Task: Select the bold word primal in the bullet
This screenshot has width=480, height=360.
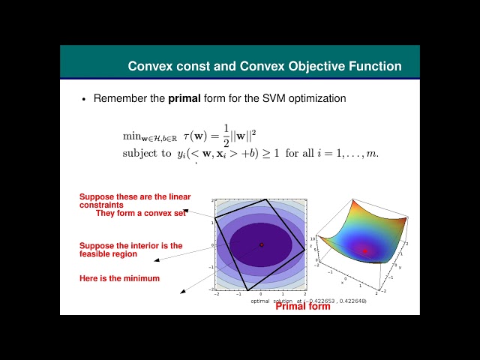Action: tap(184, 98)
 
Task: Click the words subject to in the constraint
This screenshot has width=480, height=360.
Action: tap(147, 154)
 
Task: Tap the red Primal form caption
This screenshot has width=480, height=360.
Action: tap(303, 306)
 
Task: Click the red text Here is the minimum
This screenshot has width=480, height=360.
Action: tap(119, 279)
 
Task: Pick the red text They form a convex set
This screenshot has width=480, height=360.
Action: tap(141, 213)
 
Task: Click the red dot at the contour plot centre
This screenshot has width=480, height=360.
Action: tap(261, 244)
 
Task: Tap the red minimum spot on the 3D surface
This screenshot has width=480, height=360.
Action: tap(365, 250)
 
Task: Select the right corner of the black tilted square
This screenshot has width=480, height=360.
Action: tap(304, 249)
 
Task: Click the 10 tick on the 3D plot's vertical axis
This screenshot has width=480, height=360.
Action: tap(317, 238)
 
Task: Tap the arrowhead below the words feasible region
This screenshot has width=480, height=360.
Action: tap(156, 261)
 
